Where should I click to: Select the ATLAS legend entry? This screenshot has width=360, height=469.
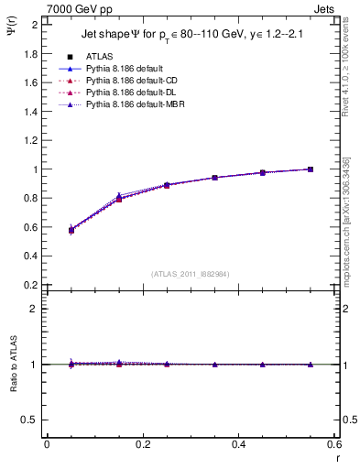(100, 56)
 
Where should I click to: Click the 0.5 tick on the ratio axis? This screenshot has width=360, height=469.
(30, 420)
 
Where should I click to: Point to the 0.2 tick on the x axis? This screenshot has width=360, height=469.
(142, 444)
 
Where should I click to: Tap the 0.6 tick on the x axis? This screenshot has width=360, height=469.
(334, 444)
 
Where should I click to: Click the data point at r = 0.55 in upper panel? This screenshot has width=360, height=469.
(311, 169)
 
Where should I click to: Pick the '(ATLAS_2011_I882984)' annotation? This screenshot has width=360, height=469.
(190, 274)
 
